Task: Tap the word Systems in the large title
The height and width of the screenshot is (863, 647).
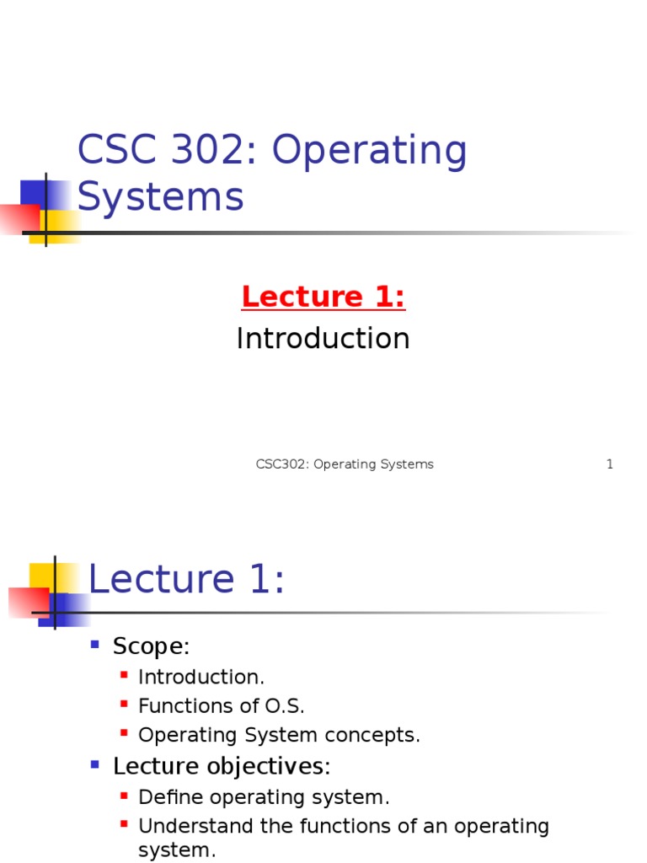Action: coord(160,197)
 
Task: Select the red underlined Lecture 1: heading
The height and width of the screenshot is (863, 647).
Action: coord(323,297)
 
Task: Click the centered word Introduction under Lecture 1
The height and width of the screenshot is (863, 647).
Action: coord(323,339)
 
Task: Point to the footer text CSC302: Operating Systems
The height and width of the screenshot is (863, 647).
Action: coord(345,464)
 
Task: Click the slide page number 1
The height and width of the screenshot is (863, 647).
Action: coord(610,464)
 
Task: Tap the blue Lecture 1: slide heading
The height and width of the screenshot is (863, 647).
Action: coord(186,581)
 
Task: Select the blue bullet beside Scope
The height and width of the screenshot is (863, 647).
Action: coord(95,645)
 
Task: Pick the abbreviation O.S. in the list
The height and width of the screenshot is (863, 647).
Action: coord(285,706)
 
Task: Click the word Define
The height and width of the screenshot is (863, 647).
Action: coord(163,797)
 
